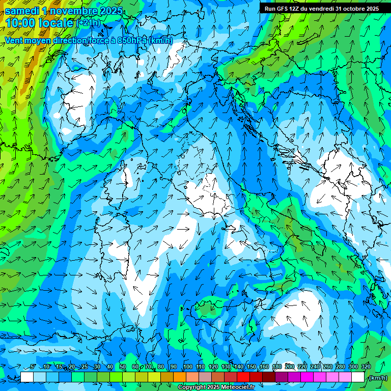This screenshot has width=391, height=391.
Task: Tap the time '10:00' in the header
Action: [22, 23]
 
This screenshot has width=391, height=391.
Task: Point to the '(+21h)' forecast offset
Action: [89, 23]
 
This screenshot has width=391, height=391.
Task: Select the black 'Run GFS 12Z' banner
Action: [321, 8]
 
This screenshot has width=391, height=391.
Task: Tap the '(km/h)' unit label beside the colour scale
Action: [378, 377]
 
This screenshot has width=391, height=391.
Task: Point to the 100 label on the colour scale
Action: [187, 367]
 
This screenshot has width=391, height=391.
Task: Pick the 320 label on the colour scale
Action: [366, 367]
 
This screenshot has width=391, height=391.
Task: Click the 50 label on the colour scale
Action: [123, 367]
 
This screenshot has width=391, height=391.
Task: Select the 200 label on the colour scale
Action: [289, 367]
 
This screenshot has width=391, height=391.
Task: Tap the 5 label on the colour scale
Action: [33, 367]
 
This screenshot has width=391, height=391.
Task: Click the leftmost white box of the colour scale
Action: [27, 377]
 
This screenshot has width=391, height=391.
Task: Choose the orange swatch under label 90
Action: [180, 377]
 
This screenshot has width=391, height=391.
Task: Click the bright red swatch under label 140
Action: [243, 377]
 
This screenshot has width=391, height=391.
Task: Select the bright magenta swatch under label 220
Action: [307, 377]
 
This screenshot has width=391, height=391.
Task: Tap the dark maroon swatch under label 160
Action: [269, 377]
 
